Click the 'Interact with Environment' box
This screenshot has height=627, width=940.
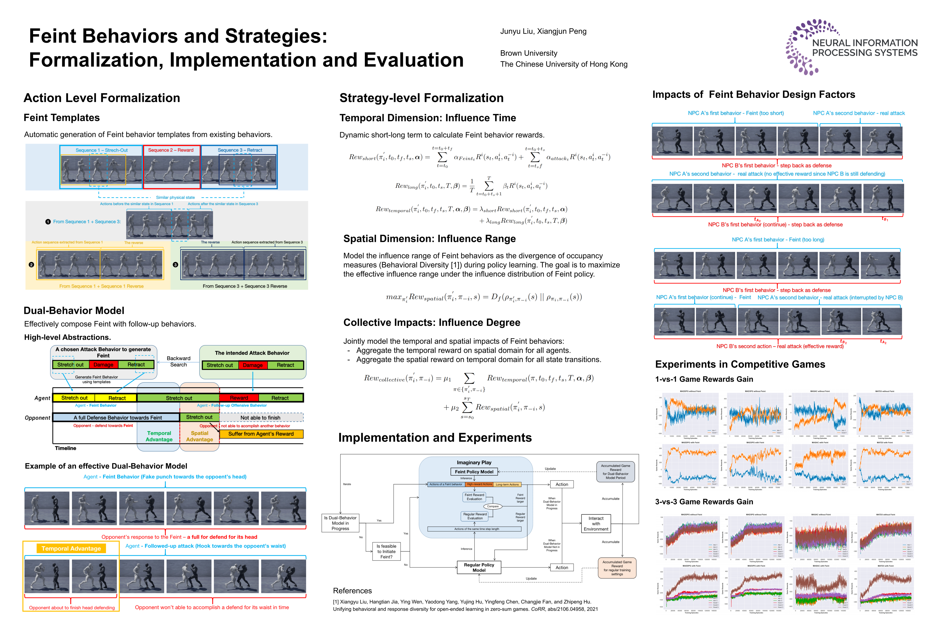pyautogui.click(x=596, y=523)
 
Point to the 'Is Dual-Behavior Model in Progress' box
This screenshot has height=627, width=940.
pyautogui.click(x=340, y=523)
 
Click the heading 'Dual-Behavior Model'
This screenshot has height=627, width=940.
pyautogui.click(x=74, y=311)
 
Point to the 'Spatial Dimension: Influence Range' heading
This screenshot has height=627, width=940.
pyautogui.click(x=429, y=239)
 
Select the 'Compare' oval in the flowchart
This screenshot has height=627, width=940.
pyautogui.click(x=493, y=506)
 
